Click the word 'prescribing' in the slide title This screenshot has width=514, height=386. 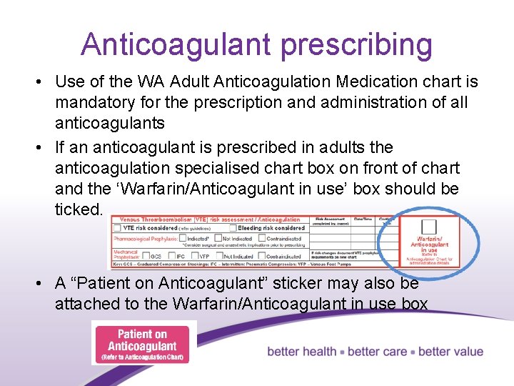356,44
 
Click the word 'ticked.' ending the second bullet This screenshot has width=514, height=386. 79,209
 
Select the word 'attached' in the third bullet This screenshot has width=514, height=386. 85,303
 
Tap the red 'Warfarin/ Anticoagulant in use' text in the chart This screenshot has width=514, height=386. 429,243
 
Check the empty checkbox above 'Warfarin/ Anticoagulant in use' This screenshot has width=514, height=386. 428,226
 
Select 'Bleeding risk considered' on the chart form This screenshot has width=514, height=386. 272,228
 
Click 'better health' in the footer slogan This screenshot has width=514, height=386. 302,352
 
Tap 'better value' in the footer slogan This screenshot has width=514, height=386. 450,352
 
